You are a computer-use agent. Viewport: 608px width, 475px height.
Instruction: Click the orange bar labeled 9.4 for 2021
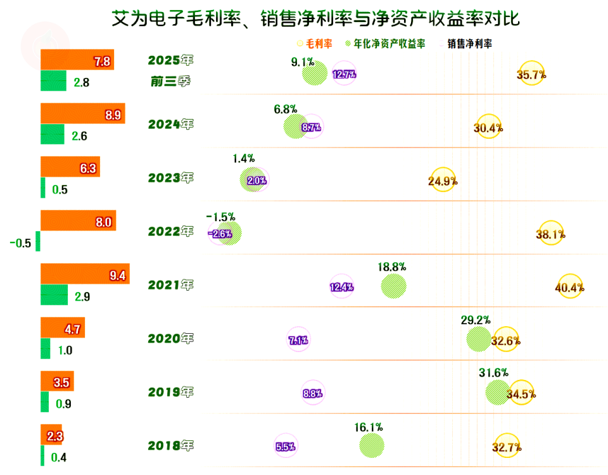click(85, 274)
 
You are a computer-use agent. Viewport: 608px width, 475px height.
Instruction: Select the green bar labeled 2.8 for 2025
click(53, 81)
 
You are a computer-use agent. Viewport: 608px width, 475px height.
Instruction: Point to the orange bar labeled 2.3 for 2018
click(51, 435)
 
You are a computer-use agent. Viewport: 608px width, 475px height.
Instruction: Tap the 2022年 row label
click(170, 232)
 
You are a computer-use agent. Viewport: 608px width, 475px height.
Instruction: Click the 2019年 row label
click(170, 392)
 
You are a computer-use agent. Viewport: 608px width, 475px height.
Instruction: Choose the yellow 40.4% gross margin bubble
click(569, 287)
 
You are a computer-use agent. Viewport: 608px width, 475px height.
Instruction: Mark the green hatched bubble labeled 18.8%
click(393, 286)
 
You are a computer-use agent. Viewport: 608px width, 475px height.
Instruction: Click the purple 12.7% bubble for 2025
click(344, 74)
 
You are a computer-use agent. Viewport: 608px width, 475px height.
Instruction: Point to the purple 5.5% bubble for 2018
click(286, 446)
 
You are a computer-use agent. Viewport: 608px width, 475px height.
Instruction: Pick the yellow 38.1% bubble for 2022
click(550, 234)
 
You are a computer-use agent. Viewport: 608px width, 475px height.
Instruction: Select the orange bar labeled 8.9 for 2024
click(83, 113)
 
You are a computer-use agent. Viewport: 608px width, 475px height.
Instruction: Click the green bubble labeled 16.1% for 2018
click(371, 445)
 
